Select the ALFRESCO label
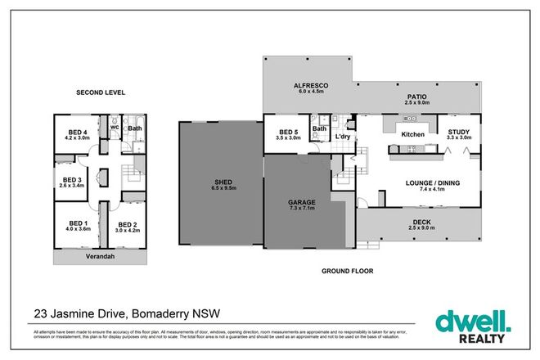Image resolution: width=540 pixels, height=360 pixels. click(x=311, y=86)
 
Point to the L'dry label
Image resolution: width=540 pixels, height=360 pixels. click(x=344, y=137)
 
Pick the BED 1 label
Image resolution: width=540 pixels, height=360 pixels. click(x=79, y=223)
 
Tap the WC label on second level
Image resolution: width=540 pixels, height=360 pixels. click(x=115, y=128)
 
